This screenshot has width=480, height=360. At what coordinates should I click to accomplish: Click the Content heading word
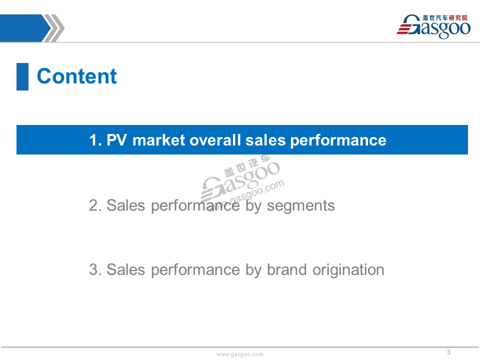[77, 76]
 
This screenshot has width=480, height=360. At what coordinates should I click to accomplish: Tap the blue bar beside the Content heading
[22, 76]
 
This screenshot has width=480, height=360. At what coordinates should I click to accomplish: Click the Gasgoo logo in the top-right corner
[433, 26]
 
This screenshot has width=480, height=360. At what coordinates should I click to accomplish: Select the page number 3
[448, 352]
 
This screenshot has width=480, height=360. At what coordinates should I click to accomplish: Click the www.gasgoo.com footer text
[239, 354]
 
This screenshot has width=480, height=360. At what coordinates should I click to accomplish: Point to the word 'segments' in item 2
[301, 205]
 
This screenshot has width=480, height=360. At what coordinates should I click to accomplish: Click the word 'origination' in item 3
[348, 270]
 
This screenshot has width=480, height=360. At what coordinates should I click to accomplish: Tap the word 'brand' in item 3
[286, 269]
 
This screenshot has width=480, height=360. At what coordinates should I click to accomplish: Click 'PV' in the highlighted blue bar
[116, 140]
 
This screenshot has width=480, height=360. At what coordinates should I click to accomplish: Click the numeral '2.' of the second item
[95, 205]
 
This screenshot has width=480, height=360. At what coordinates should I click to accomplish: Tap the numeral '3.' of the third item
[95, 270]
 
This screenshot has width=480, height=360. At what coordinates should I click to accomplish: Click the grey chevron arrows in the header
[53, 28]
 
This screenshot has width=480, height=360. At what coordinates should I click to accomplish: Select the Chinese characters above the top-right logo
[445, 18]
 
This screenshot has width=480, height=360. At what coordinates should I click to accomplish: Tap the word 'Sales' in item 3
[125, 269]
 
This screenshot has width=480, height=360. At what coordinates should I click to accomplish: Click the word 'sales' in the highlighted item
[265, 140]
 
